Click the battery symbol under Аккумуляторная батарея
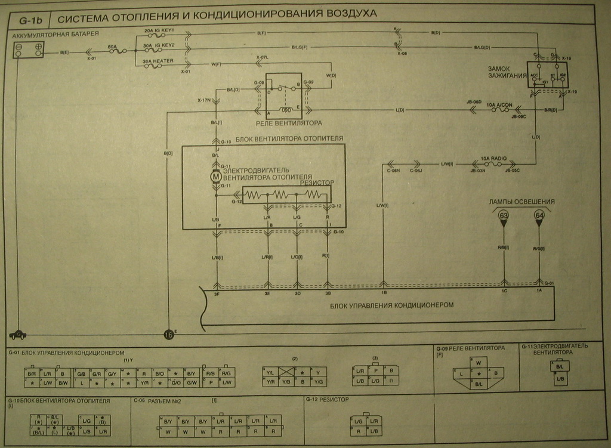29,50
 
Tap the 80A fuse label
112,46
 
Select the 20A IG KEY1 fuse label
159,30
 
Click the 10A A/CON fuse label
499,105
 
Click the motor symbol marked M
215,175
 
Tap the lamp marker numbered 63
504,215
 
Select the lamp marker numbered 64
539,215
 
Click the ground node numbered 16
169,335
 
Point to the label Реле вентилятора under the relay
289,123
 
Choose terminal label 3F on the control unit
218,293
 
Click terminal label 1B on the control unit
384,293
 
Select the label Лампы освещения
521,202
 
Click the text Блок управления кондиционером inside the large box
391,305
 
